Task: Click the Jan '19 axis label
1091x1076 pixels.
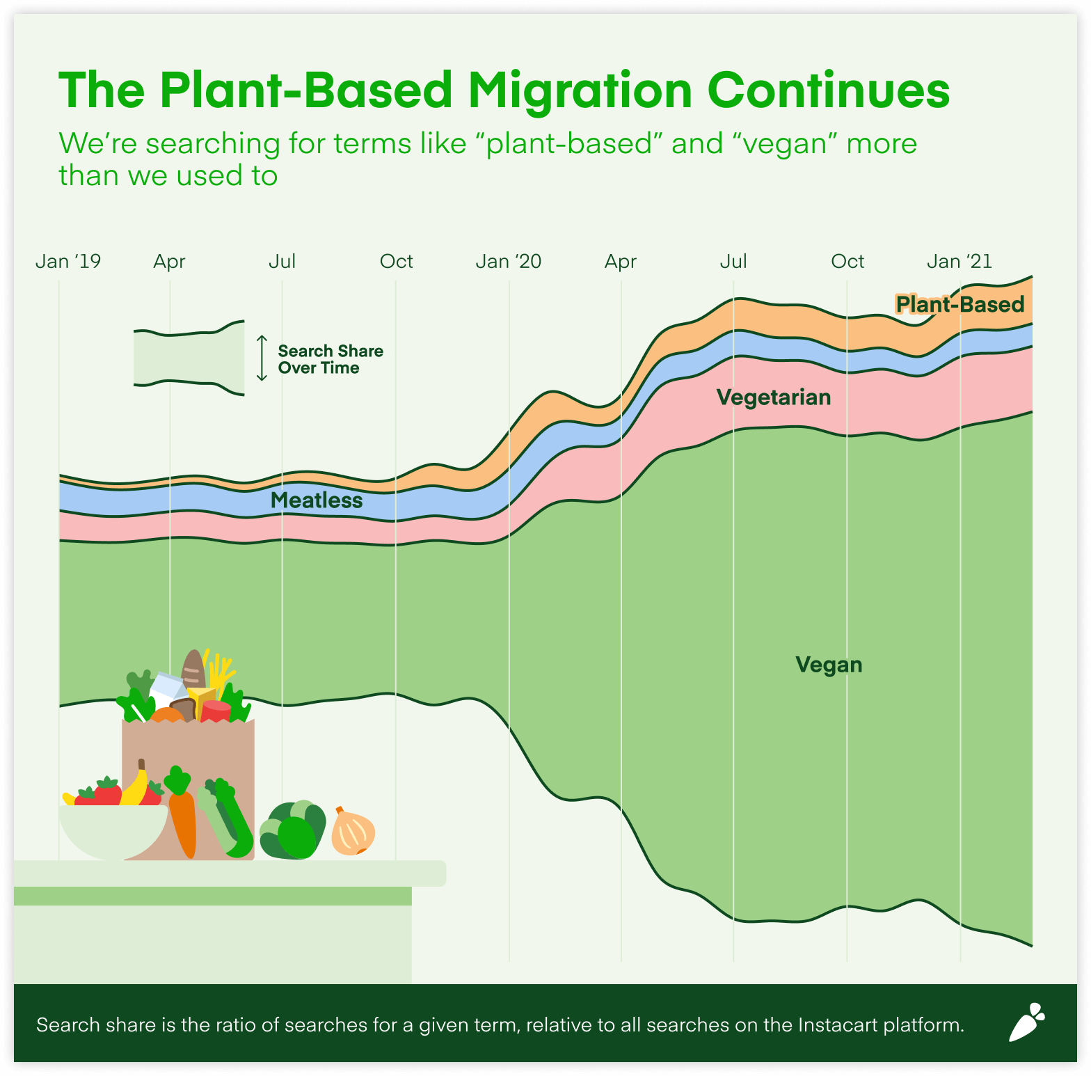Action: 68,262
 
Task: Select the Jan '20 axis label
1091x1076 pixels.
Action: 508,262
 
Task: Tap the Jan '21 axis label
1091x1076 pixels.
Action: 959,262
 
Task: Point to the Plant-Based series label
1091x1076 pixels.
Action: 959,304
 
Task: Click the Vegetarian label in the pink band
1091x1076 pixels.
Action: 774,397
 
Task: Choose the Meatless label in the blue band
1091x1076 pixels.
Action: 317,500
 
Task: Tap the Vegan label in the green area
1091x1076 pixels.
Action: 829,665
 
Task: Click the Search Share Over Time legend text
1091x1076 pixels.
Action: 331,359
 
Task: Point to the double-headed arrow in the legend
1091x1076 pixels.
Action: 262,358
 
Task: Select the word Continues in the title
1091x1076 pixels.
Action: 828,90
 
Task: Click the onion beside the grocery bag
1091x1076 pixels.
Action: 353,832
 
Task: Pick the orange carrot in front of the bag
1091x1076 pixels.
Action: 182,818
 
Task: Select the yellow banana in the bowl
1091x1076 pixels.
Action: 135,786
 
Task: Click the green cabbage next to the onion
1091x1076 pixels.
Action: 293,830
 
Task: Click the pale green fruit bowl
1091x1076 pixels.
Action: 113,831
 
